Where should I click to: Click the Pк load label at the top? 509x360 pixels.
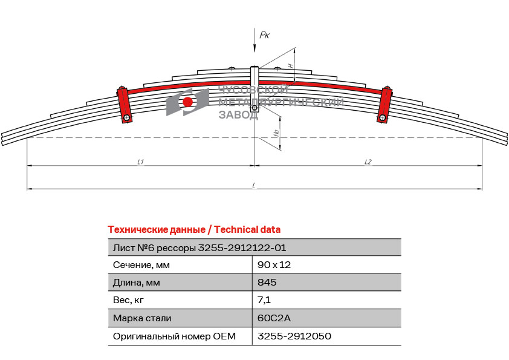tap(265, 35)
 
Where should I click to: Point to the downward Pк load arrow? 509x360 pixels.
tap(254, 40)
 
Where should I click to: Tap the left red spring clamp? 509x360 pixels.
tap(125, 104)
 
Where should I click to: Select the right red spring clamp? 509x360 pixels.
tap(384, 104)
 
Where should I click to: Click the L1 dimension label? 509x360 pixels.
tap(141, 162)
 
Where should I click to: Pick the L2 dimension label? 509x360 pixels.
tap(368, 162)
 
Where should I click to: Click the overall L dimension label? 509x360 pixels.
tap(254, 185)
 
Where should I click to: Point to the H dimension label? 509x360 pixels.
tap(291, 65)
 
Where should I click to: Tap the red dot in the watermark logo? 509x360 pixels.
tap(187, 102)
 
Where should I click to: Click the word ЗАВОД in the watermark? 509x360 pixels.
tap(238, 115)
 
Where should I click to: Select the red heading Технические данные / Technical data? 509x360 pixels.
tap(194, 230)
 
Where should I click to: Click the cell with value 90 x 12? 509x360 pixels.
tap(274, 265)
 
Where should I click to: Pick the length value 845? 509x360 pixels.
tap(267, 282)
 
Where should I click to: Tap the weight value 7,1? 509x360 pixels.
tap(264, 300)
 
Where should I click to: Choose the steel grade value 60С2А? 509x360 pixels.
tap(274, 318)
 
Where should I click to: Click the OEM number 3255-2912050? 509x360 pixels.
tap(294, 336)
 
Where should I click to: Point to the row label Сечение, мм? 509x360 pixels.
tap(141, 265)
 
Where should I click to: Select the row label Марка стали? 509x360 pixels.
tap(142, 318)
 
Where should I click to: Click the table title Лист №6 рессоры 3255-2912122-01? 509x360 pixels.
tap(199, 248)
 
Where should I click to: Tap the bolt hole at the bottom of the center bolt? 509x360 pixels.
tap(254, 108)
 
